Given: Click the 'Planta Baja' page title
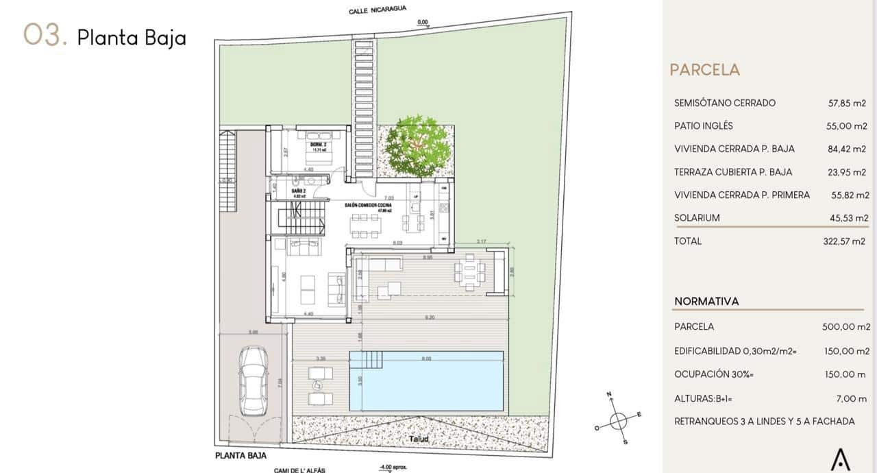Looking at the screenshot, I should click(132, 38).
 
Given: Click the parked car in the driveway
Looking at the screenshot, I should click(251, 380).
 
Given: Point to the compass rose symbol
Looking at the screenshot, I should click(618, 419).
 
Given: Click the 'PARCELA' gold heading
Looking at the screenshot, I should click(705, 70).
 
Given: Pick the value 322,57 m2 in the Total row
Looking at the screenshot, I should click(844, 241).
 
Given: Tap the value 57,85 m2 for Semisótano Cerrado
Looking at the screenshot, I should click(847, 104).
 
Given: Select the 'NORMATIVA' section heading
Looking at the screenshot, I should click(706, 302).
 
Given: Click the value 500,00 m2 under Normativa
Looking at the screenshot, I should click(845, 327).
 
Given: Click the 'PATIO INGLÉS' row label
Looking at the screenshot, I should click(704, 126).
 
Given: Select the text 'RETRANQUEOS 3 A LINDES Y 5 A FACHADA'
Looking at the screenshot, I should click(764, 422).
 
